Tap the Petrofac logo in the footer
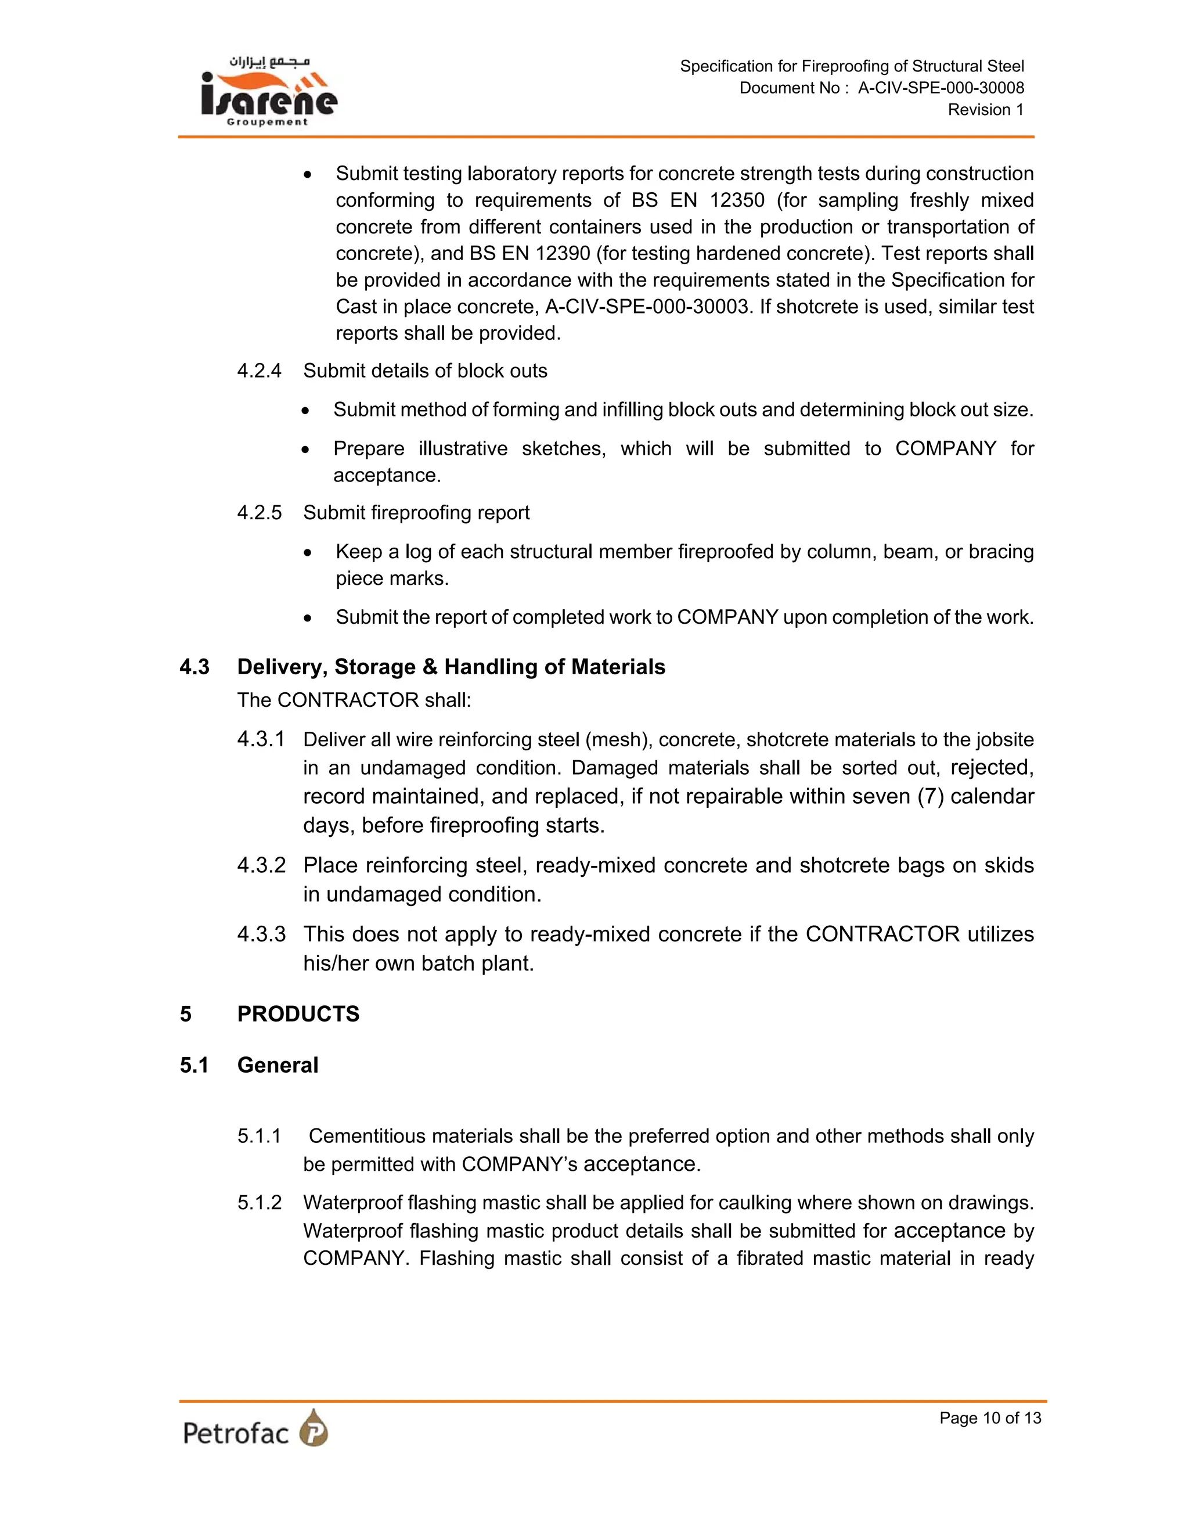(x=255, y=1429)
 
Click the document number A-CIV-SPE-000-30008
(x=941, y=88)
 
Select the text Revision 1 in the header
(x=985, y=110)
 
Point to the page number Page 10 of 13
(x=990, y=1418)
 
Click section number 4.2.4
(x=259, y=371)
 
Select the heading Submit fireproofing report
(x=416, y=512)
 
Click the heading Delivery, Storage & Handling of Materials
(x=451, y=667)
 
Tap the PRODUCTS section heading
(x=298, y=1013)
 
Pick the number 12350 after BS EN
(x=737, y=200)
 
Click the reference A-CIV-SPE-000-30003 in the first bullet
(x=646, y=307)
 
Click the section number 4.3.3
(x=261, y=934)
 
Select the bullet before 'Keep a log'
(x=308, y=553)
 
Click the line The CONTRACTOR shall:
(x=354, y=700)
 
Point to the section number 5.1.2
(x=259, y=1202)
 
